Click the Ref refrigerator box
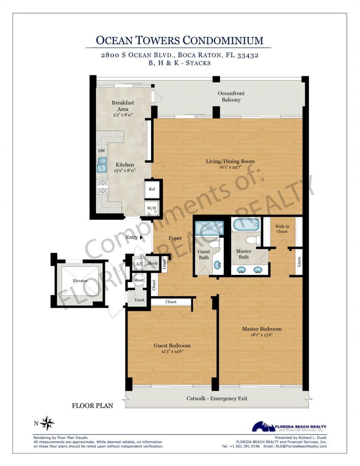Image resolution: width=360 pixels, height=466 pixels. tap(152, 189)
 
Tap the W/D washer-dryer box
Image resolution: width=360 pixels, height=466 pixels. tap(152, 208)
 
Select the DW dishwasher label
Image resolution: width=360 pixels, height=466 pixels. tap(101, 151)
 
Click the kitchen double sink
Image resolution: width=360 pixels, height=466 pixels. tap(102, 164)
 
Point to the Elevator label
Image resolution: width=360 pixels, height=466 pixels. tap(80, 281)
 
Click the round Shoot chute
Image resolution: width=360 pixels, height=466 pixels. tap(139, 280)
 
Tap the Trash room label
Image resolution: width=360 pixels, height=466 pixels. tap(139, 300)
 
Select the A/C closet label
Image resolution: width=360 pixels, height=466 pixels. tap(139, 264)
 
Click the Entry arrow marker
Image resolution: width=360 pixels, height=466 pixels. tap(141, 238)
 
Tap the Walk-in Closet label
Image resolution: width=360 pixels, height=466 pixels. tap(282, 229)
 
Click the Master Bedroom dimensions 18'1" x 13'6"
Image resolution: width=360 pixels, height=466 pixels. tap(262, 335)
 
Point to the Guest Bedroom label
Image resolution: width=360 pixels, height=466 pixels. tap(172, 345)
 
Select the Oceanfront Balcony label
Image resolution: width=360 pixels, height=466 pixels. tap(231, 96)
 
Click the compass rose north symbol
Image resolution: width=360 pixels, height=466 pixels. tap(47, 423)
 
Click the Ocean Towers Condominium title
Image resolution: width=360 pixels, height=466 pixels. tap(179, 40)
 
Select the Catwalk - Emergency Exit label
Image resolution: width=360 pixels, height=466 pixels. tap(217, 399)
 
